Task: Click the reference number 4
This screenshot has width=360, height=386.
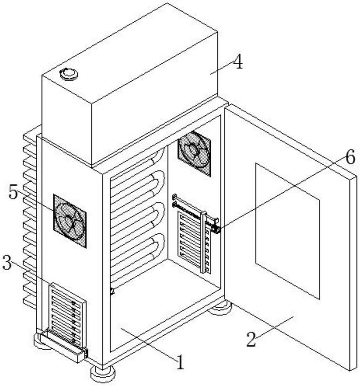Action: click(237, 63)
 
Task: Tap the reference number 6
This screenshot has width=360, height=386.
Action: click(350, 157)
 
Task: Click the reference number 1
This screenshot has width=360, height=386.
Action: click(180, 361)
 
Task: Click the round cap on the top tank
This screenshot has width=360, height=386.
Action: click(68, 73)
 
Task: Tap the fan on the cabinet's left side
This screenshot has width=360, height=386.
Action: click(70, 221)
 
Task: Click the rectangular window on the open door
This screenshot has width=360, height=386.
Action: click(287, 229)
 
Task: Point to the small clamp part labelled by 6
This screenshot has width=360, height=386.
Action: click(216, 228)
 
